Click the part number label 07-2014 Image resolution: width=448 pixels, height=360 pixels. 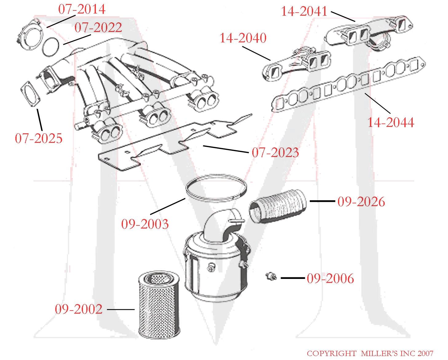[x=82, y=9]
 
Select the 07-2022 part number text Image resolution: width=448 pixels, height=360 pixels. [x=98, y=28]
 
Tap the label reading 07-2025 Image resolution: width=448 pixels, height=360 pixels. [x=39, y=139]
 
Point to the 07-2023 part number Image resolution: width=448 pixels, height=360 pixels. [x=275, y=153]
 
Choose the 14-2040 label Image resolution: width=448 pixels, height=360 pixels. [x=243, y=38]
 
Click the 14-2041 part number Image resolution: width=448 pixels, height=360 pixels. [x=304, y=12]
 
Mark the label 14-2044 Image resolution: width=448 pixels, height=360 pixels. [x=391, y=123]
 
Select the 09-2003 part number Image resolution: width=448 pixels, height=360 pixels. [x=145, y=224]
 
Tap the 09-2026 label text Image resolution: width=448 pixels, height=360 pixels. [x=361, y=202]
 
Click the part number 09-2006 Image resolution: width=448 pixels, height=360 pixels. [x=330, y=279]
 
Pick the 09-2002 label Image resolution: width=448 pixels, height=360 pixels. [x=79, y=309]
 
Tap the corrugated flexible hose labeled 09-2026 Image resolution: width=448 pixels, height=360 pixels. [x=277, y=206]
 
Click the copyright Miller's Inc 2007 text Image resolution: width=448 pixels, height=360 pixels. [x=370, y=354]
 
